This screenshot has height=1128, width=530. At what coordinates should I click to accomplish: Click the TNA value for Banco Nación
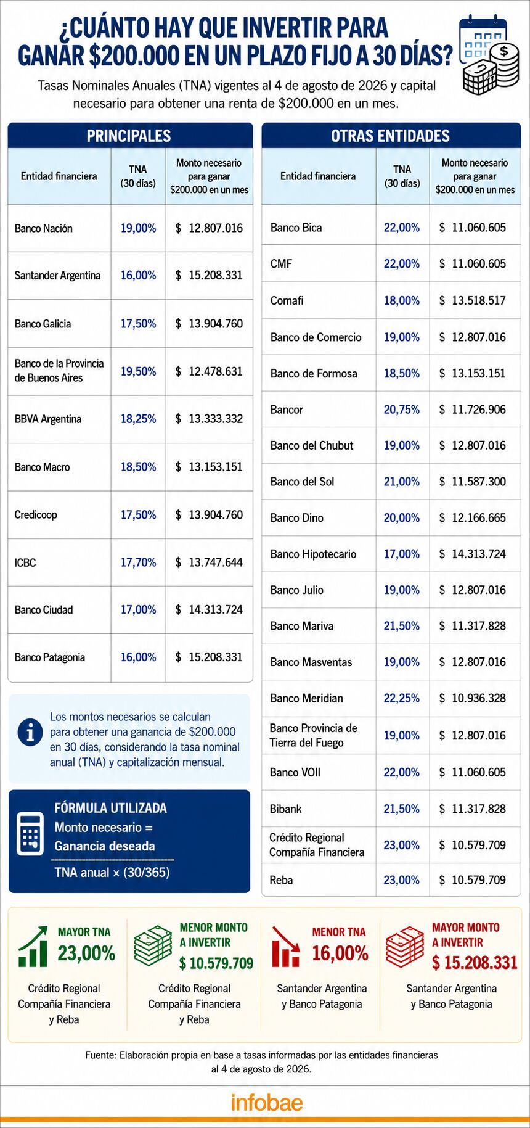pos(138,228)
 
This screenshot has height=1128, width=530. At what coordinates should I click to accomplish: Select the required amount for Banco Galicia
pos(209,324)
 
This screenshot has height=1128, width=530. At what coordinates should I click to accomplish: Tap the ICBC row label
pos(25,562)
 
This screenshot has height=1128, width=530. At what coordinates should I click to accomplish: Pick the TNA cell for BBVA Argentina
pos(138,419)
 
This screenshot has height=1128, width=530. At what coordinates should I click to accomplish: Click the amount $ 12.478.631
pos(209,371)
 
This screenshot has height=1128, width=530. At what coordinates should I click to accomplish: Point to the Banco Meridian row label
pos(306,698)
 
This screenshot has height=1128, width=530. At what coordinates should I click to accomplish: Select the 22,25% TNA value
pos(402,698)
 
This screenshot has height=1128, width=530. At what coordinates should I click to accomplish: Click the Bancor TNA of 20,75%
pos(402,410)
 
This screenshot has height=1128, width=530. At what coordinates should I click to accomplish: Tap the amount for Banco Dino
pos(473,518)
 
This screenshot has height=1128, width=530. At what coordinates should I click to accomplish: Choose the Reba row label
pos(282,880)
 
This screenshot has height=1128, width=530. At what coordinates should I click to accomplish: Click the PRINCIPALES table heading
pos(129,136)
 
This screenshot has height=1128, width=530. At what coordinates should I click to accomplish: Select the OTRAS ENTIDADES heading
pos(391,136)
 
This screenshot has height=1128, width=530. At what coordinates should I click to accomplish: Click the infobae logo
pos(267,1102)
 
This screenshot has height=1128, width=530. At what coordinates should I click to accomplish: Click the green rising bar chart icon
pos(33,946)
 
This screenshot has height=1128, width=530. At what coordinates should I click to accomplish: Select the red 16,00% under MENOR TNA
pos(340,953)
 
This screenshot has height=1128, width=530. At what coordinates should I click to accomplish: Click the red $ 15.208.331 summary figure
pos(475,962)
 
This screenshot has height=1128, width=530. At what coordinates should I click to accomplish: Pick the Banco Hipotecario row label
pos(313,554)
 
